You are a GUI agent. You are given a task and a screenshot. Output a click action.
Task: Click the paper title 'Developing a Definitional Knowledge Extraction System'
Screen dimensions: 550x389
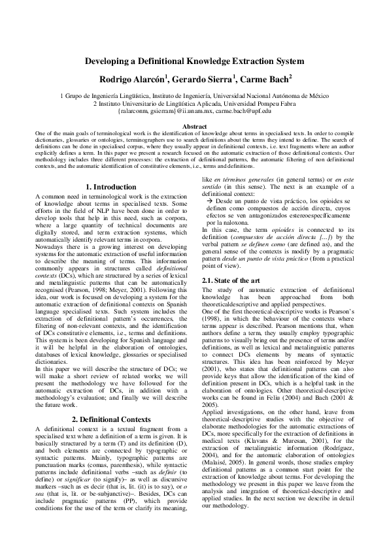point(194,61)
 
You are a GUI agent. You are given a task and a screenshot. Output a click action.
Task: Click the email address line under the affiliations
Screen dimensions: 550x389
point(194,112)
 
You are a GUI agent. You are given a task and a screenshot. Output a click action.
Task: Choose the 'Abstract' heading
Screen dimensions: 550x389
point(194,126)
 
